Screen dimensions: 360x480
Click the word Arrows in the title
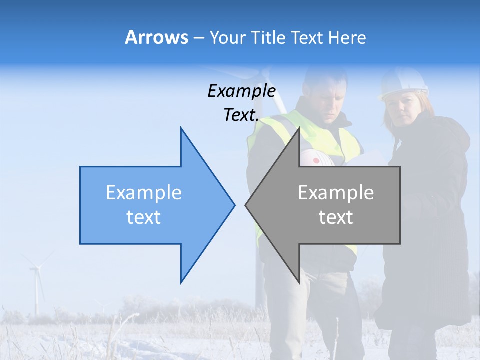coord(156,37)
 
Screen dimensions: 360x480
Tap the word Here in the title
coord(347,38)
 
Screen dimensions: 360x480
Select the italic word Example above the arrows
coord(242,91)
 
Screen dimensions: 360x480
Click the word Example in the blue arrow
coord(144,192)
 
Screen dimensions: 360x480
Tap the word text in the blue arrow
coord(144,217)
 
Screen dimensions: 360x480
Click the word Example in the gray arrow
coord(336,192)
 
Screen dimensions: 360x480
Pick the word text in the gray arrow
coord(336,217)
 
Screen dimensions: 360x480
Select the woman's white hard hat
coord(403,83)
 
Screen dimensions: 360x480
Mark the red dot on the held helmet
coord(315,161)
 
